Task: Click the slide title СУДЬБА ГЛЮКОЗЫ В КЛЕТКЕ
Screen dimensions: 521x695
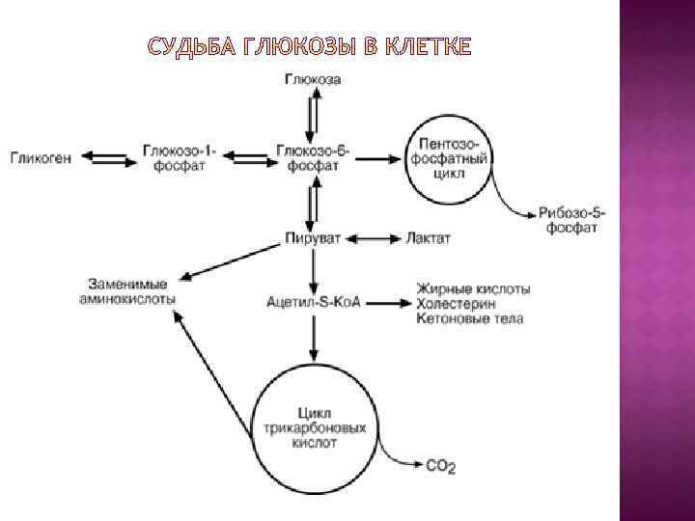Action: pos(311,46)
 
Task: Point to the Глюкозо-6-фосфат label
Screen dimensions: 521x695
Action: pos(312,158)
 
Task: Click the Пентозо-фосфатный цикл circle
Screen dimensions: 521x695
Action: pos(450,158)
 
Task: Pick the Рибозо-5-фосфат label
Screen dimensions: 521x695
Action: pos(571,220)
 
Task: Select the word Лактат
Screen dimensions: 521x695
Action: pos(429,237)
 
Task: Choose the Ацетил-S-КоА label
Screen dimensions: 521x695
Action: pos(313,302)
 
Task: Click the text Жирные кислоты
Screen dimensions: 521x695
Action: pos(474,288)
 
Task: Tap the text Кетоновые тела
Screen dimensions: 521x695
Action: pos(469,318)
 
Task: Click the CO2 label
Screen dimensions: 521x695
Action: pos(440,466)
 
